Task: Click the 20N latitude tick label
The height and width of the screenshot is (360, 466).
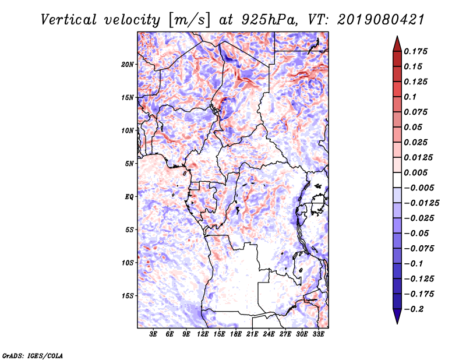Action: pyautogui.click(x=128, y=65)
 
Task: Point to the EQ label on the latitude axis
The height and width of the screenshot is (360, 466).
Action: pyautogui.click(x=129, y=197)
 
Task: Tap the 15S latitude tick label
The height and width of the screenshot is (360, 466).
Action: pyautogui.click(x=128, y=296)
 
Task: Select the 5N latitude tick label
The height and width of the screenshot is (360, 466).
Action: pyautogui.click(x=129, y=164)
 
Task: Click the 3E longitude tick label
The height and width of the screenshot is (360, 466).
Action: pyautogui.click(x=153, y=334)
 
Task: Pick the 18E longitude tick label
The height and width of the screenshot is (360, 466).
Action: pyautogui.click(x=236, y=334)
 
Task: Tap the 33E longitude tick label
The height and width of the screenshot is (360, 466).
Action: pyautogui.click(x=318, y=334)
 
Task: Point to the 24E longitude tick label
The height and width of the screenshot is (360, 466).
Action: pyautogui.click(x=269, y=334)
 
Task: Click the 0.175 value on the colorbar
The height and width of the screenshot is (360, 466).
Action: pyautogui.click(x=415, y=51)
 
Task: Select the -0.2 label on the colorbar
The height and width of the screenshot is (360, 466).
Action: pyautogui.click(x=414, y=309)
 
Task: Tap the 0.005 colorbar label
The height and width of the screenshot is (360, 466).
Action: pyautogui.click(x=415, y=172)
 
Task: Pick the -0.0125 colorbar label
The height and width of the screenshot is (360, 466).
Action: pyautogui.click(x=421, y=203)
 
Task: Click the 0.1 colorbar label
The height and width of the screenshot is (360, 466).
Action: pyautogui.click(x=410, y=97)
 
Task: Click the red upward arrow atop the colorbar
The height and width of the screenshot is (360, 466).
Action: pyautogui.click(x=397, y=44)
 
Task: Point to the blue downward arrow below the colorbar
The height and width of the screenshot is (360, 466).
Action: pyautogui.click(x=397, y=316)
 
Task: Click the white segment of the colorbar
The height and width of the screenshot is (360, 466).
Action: pyautogui.click(x=397, y=180)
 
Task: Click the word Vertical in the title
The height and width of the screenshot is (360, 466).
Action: pyautogui.click(x=68, y=20)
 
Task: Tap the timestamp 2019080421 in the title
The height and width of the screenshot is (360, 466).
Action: pyautogui.click(x=381, y=20)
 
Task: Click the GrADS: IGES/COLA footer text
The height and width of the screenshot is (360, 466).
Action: pyautogui.click(x=33, y=355)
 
